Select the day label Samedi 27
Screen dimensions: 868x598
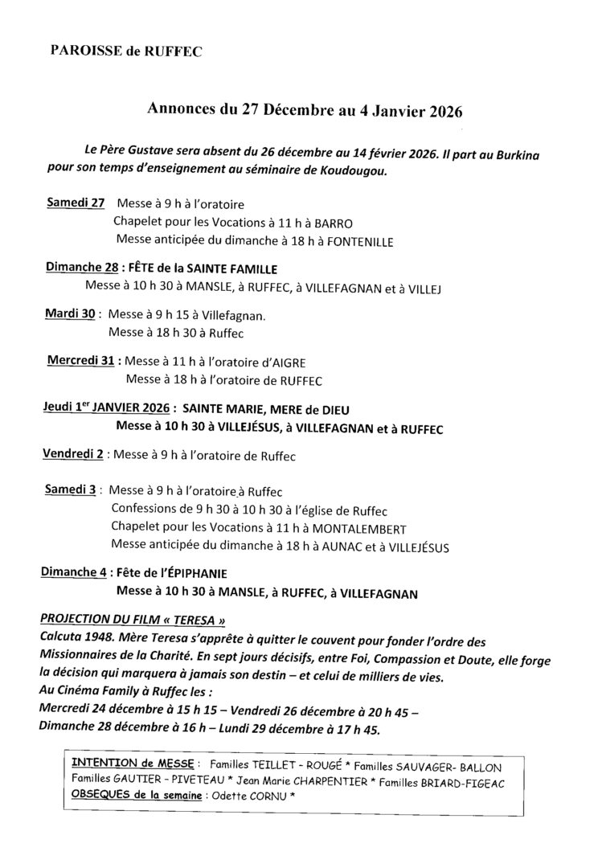(x=76, y=203)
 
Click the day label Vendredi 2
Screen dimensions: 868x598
(x=72, y=455)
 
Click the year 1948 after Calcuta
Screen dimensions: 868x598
(x=100, y=639)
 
